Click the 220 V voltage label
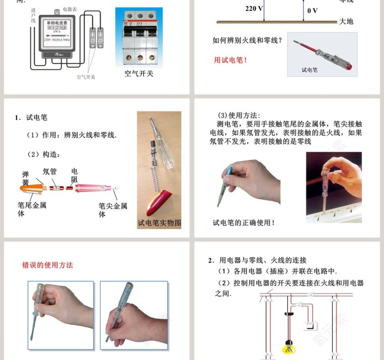click(254, 8)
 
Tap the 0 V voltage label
click(313, 11)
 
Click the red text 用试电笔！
click(231, 60)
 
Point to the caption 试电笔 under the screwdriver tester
click(309, 70)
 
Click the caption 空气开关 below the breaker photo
click(139, 73)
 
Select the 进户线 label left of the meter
click(33, 18)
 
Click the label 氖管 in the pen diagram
click(50, 172)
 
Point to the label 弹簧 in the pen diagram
click(26, 178)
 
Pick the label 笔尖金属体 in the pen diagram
click(112, 210)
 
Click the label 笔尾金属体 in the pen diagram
click(32, 209)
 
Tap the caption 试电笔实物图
click(159, 223)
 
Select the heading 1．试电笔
click(31, 117)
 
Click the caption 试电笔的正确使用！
click(244, 222)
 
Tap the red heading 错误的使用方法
click(48, 265)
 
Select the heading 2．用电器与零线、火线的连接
click(256, 260)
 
